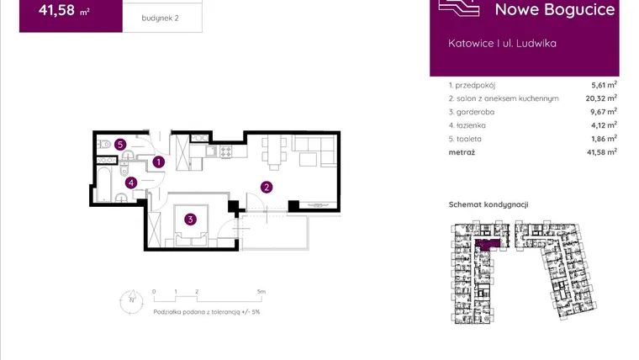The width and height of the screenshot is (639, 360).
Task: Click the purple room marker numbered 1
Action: point(159,161)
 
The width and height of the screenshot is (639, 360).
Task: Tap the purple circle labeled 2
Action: point(267,187)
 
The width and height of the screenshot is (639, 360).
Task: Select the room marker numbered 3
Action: point(190,220)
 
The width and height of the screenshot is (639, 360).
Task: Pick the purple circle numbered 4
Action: point(131,183)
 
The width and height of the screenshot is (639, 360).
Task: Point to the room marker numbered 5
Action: point(119,145)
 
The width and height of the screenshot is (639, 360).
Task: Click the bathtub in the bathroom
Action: point(104,184)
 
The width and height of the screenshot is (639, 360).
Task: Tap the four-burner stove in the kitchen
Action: point(226,151)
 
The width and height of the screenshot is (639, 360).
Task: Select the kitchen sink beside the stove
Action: point(212,151)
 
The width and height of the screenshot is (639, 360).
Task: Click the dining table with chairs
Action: point(274,151)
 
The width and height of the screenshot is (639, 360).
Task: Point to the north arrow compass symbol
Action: point(131,302)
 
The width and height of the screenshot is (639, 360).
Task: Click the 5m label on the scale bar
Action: point(261,292)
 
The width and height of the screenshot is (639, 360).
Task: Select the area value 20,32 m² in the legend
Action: point(601,98)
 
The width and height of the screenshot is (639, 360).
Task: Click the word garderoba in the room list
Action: point(475,112)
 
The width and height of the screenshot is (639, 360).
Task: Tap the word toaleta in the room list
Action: point(469,139)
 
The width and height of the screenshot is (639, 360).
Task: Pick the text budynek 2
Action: point(160,18)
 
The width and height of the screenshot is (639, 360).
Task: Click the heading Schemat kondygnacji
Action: point(488,204)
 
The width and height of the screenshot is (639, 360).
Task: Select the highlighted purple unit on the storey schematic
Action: point(488,244)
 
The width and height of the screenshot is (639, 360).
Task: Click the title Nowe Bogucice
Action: point(555,9)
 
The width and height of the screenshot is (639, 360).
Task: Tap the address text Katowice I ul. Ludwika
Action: point(502,43)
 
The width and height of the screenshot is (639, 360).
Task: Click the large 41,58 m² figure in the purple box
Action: point(64,10)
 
